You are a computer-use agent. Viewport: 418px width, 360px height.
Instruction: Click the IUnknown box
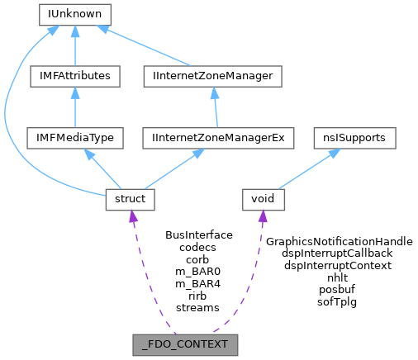[74, 14]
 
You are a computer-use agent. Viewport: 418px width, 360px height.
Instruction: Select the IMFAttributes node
[74, 76]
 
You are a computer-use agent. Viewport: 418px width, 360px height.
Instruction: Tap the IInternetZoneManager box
[213, 76]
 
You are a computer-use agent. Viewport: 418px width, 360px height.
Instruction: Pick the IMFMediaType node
[74, 138]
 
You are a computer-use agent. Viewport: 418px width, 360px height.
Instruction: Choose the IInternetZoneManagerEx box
[218, 138]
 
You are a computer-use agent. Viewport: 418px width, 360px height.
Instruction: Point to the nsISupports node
[354, 138]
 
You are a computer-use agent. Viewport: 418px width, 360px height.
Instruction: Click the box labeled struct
[126, 199]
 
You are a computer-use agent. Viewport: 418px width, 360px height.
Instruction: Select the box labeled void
[264, 199]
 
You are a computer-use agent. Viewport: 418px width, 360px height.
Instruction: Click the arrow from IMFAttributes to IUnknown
[74, 45]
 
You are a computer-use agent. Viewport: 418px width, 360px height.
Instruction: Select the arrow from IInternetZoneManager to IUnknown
[144, 45]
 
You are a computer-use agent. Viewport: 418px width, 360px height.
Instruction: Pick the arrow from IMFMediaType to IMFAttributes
[74, 107]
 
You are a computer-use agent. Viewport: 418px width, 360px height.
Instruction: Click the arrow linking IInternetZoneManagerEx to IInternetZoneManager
[216, 107]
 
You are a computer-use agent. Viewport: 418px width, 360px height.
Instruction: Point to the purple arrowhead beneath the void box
[263, 218]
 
